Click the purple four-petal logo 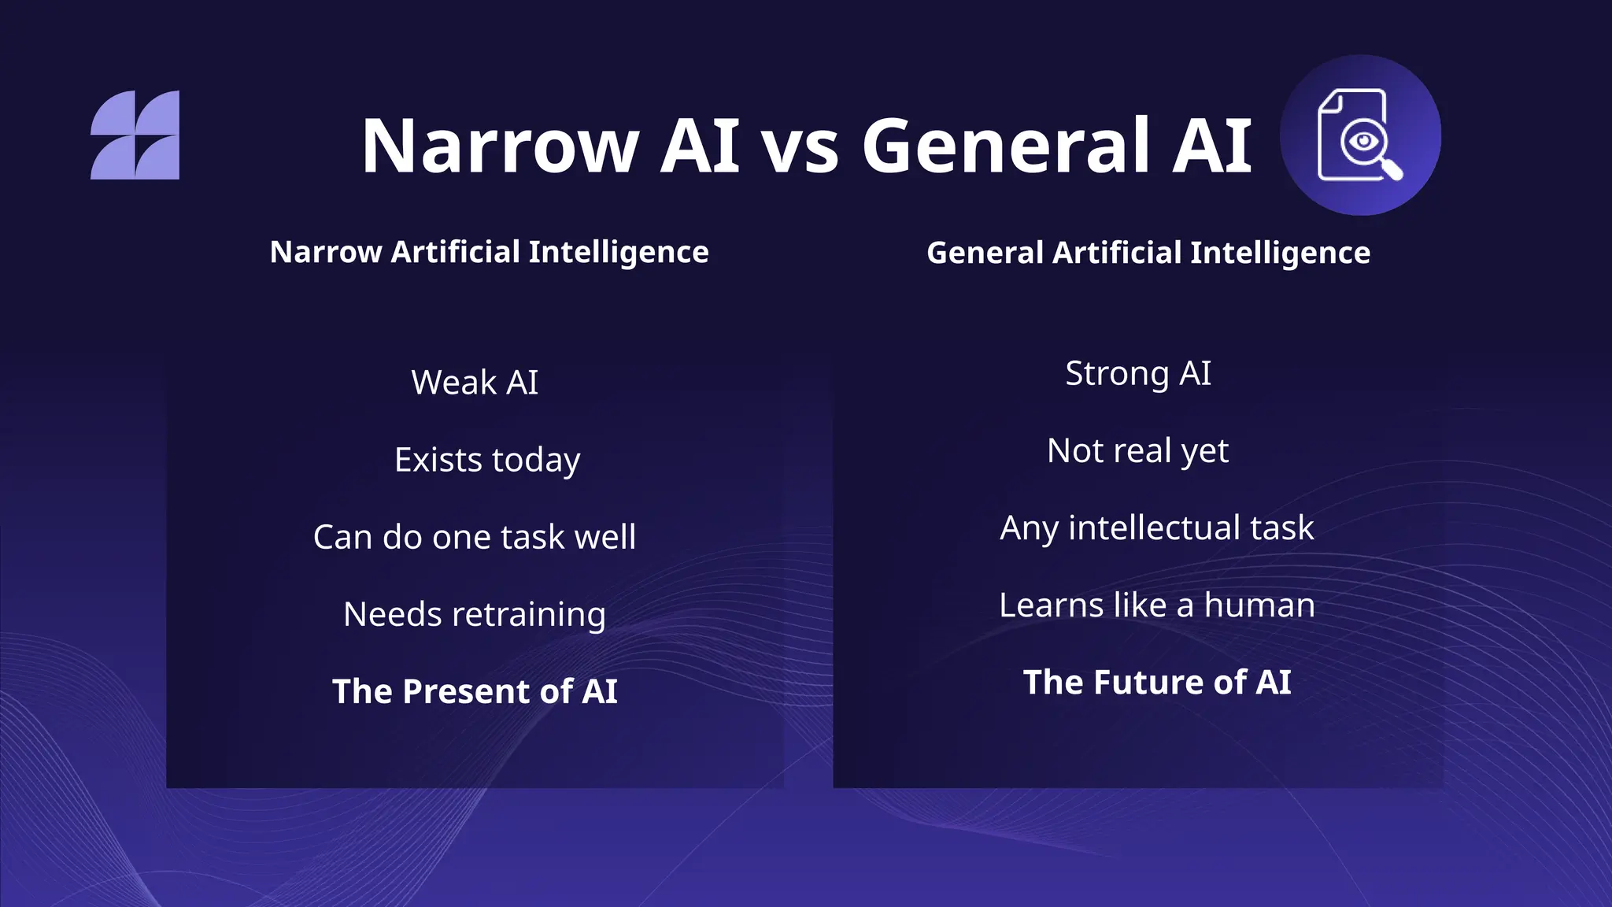click(135, 135)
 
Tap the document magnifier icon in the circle click(1359, 135)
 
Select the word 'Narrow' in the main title click(500, 146)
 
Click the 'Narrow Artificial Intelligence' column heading click(489, 252)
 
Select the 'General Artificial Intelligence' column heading click(1148, 253)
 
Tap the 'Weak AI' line click(475, 383)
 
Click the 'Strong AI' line click(1137, 373)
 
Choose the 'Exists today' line click(487, 460)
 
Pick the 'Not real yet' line click(1137, 450)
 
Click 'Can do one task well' click(474, 537)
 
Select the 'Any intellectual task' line click(1156, 528)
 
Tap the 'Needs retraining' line click(475, 614)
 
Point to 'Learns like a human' click(1156, 605)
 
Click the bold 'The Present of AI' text click(475, 691)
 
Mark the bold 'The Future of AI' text click(1156, 682)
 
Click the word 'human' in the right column click(1259, 605)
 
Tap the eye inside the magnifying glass click(1362, 141)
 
